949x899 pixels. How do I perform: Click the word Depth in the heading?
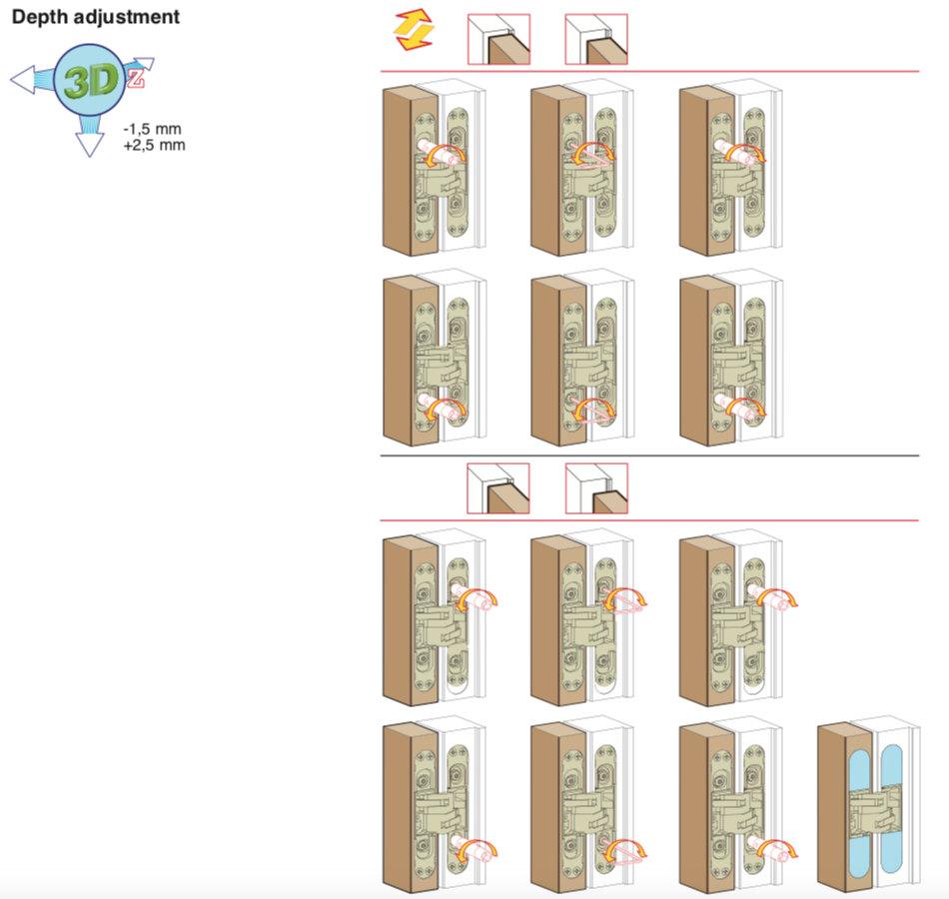point(37,17)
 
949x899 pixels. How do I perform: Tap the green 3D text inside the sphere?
point(87,82)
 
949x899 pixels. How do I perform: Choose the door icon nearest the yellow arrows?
point(498,39)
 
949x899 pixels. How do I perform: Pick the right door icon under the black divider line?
point(596,487)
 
